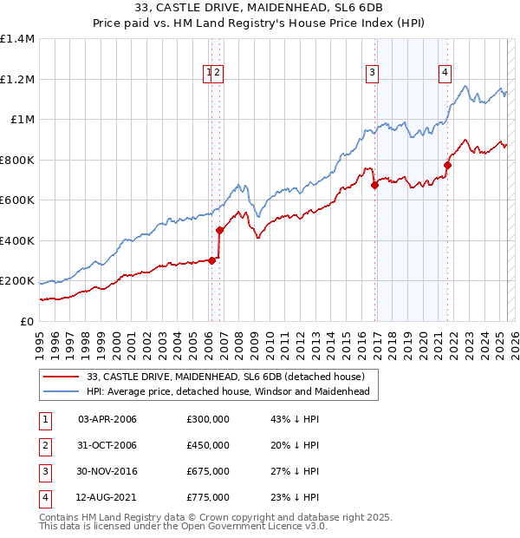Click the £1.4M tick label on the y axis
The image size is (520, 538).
coord(17,39)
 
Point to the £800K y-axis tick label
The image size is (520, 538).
coord(17,160)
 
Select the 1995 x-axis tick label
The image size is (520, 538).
coord(40,338)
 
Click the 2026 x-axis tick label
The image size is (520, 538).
coord(514,338)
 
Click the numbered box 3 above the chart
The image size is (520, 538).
coord(372,74)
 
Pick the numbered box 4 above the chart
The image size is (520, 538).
coord(445,74)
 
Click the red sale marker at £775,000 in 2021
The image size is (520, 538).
coord(448,165)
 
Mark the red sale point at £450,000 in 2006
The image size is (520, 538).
coord(220,230)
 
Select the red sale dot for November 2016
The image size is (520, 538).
coord(375,185)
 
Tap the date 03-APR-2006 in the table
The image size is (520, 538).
coord(107,419)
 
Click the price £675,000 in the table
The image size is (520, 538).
coord(208,471)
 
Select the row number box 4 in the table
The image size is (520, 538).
coord(44,497)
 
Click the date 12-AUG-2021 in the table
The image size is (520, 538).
coord(107,497)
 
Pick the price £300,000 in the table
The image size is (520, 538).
coord(208,419)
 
